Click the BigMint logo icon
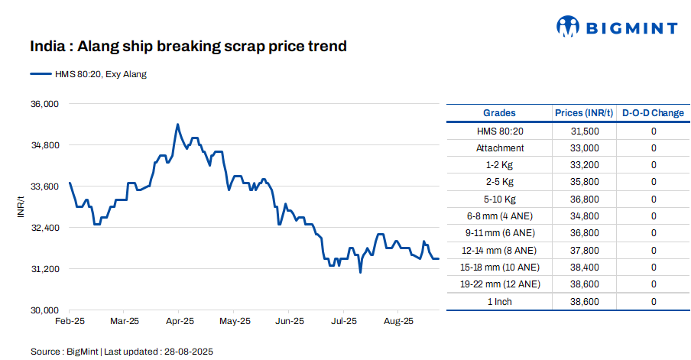pyautogui.click(x=569, y=28)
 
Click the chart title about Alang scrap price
pyautogui.click(x=188, y=47)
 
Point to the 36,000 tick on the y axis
pyautogui.click(x=44, y=104)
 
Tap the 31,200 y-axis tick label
pyautogui.click(x=44, y=269)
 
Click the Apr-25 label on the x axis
pyautogui.click(x=180, y=321)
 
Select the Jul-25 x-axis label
pyautogui.click(x=343, y=321)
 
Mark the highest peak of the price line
pyautogui.click(x=177, y=124)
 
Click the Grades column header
pyautogui.click(x=499, y=113)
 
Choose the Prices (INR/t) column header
pyautogui.click(x=584, y=113)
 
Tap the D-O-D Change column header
pyautogui.click(x=653, y=113)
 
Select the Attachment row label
pyautogui.click(x=500, y=148)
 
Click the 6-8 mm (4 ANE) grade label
pyautogui.click(x=500, y=216)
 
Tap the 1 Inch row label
pyautogui.click(x=500, y=302)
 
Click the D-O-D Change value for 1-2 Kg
pyautogui.click(x=654, y=165)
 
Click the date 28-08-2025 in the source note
pyautogui.click(x=187, y=352)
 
